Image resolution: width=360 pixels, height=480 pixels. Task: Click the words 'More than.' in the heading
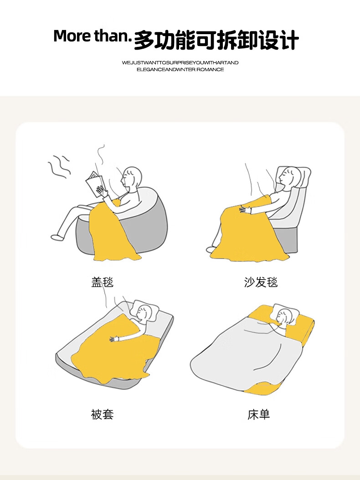[x=92, y=36]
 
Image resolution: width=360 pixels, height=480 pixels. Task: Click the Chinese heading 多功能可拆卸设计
[x=216, y=40]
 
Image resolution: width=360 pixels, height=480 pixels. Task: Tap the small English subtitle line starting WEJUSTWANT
[x=180, y=63]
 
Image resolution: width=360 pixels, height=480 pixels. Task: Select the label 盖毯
[x=103, y=282]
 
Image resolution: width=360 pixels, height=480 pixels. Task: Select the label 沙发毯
[x=261, y=282]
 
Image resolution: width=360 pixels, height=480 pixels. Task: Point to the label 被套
[x=103, y=414]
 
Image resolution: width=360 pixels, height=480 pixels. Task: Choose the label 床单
[x=259, y=414]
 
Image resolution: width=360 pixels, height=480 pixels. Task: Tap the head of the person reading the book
[x=132, y=177]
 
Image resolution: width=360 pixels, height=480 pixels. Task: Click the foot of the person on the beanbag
[x=57, y=237]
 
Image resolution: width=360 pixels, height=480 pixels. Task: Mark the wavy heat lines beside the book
[x=59, y=167]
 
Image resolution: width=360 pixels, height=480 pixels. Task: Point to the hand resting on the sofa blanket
[x=245, y=210]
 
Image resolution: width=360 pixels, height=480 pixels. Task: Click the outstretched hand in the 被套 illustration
[x=114, y=338]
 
